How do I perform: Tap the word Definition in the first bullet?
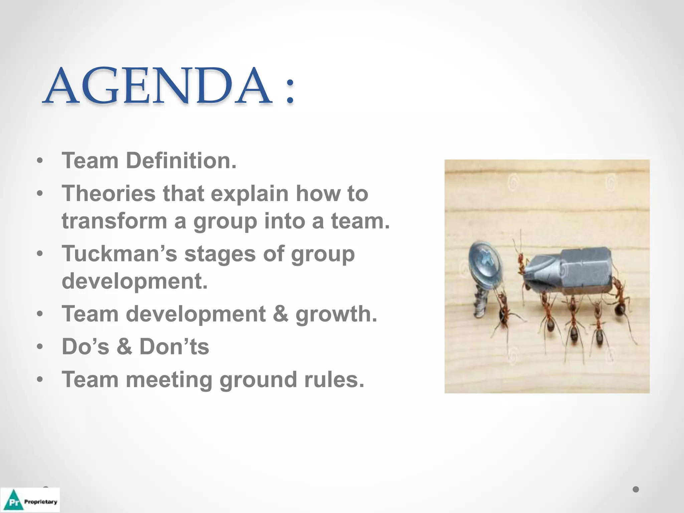pos(181,161)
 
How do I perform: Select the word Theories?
pos(109,193)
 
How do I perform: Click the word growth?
pos(336,314)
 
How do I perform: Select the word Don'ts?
pos(174,347)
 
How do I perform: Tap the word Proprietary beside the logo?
pos(40,502)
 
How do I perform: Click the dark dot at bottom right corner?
pos(636,489)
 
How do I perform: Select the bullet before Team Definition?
pos(40,161)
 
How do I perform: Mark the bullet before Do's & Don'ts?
pos(40,347)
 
